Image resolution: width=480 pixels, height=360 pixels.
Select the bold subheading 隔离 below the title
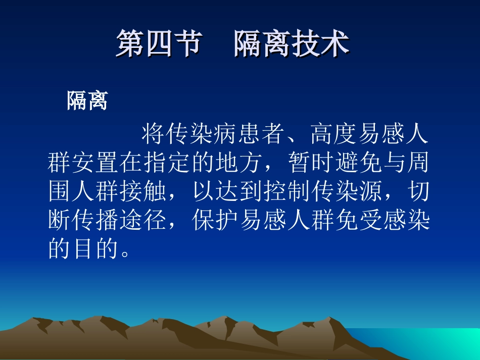coord(87,101)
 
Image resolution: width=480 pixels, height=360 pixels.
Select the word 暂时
coord(318,163)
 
